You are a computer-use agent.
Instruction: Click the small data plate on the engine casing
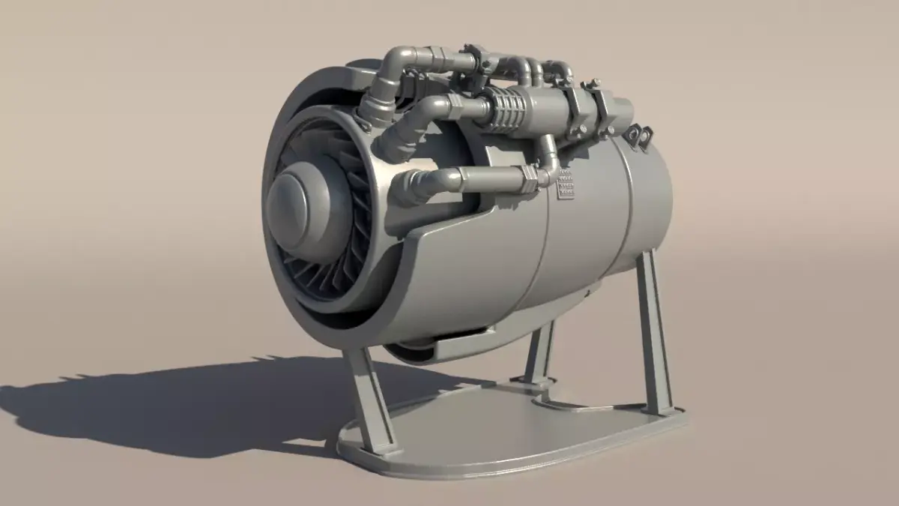[567, 185]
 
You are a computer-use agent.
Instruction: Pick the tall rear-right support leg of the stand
[653, 330]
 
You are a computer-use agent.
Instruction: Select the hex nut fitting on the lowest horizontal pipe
[529, 177]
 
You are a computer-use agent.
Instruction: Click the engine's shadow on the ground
[172, 405]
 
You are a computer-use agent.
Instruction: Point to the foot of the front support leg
[382, 448]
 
